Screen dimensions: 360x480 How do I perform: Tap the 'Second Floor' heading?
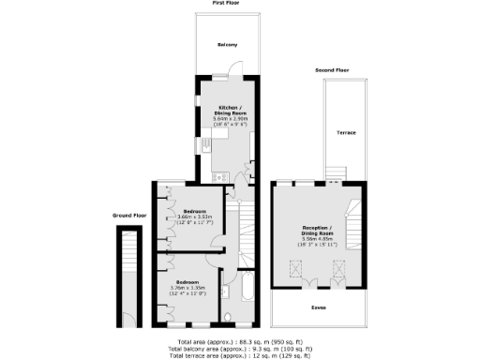(x=332, y=70)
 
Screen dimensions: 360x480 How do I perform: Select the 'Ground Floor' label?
(x=129, y=215)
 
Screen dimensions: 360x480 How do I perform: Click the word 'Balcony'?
(x=227, y=45)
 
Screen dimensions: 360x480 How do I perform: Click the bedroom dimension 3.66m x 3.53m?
(x=195, y=217)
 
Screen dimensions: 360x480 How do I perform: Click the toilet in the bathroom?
(x=228, y=315)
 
